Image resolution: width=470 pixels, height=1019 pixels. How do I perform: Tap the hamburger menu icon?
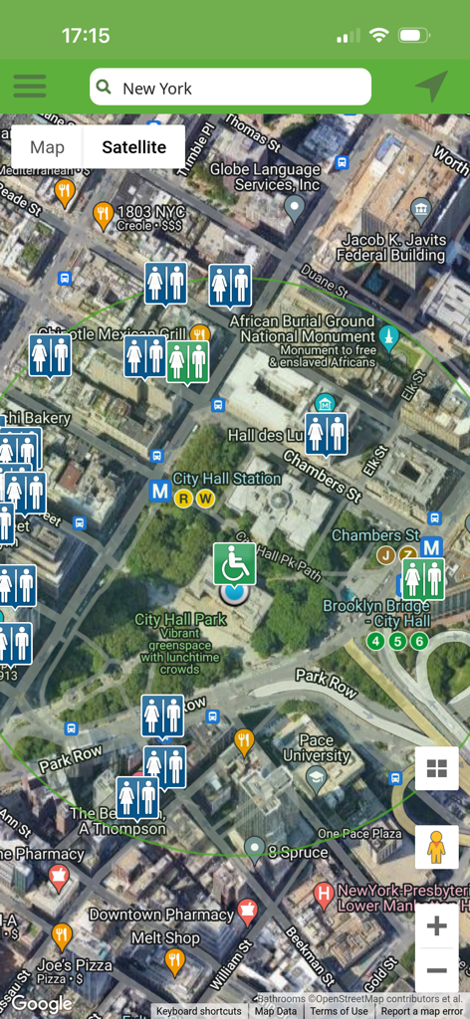(30, 87)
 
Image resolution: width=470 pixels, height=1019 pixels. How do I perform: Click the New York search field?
(230, 88)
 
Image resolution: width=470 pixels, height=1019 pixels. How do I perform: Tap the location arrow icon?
(431, 87)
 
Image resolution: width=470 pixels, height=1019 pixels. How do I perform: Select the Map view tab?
(47, 147)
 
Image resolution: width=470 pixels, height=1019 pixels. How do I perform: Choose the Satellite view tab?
(134, 147)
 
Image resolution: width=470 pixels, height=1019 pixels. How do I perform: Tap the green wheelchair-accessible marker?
(234, 564)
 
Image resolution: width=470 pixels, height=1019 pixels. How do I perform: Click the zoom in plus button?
(436, 926)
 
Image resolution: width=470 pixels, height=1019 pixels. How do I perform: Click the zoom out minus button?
(436, 970)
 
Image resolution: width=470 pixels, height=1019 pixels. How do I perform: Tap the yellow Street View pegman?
(436, 847)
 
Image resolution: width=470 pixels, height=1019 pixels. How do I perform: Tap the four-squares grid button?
(436, 768)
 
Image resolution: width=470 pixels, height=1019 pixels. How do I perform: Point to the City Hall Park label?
(181, 620)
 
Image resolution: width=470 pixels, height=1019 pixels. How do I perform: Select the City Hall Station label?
(227, 479)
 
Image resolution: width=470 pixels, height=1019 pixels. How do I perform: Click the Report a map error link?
(421, 1011)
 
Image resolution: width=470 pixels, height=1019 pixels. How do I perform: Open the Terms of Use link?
(339, 1011)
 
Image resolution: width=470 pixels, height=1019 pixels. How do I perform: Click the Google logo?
(41, 1003)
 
